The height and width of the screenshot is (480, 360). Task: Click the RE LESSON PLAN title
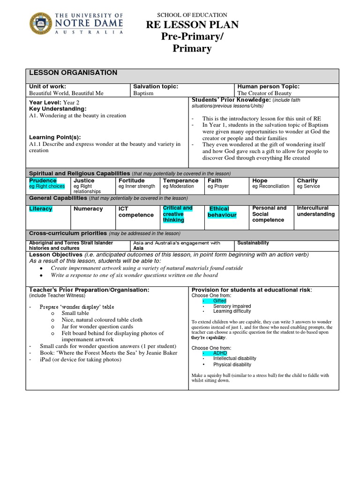coord(193,25)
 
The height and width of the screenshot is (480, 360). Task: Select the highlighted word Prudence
coord(43,180)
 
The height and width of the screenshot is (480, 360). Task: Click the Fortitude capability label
coord(131,180)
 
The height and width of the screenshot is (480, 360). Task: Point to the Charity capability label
coord(307,180)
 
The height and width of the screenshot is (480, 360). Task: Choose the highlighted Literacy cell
coord(41,209)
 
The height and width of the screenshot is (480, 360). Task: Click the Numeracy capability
coord(88,209)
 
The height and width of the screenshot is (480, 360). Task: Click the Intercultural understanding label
coord(315,211)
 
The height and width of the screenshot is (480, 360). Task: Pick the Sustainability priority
coord(253,243)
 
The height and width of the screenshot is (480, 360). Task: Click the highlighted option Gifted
coord(219,301)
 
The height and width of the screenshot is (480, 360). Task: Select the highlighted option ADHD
coord(219,352)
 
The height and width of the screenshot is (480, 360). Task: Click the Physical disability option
coord(232,364)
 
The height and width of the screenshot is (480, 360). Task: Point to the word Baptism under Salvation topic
coord(143,93)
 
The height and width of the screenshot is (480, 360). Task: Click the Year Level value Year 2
coord(68,102)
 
